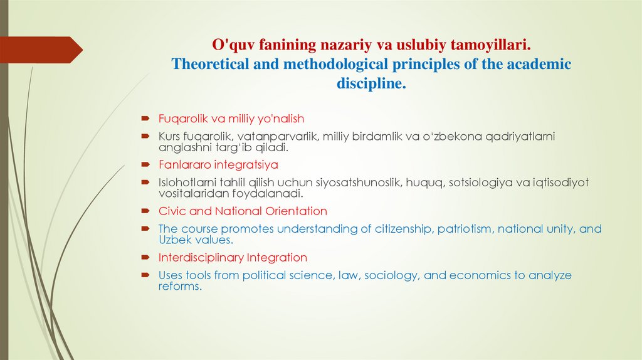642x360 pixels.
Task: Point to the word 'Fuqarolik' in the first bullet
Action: click(181, 119)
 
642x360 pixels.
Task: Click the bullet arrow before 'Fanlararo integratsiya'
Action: click(145, 165)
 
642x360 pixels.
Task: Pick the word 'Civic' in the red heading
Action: click(172, 211)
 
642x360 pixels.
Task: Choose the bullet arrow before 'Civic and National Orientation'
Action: click(145, 211)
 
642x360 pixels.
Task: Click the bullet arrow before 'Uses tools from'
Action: click(145, 275)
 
